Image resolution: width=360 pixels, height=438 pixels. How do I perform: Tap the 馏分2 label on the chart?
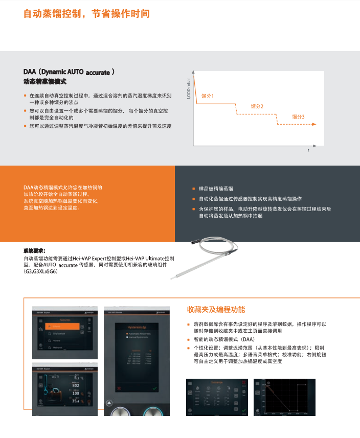(x=257, y=106)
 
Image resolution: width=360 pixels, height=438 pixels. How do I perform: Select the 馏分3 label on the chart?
(x=298, y=117)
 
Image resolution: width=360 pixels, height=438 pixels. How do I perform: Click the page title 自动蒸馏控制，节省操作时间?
(x=86, y=14)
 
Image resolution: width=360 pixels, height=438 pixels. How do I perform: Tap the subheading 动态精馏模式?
(x=45, y=82)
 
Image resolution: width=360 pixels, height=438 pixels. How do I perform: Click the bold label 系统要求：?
(x=34, y=251)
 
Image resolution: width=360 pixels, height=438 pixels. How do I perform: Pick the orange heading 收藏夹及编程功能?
(x=216, y=310)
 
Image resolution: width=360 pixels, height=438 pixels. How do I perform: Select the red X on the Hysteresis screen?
(x=119, y=389)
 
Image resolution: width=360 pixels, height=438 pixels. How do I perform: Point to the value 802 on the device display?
(x=75, y=385)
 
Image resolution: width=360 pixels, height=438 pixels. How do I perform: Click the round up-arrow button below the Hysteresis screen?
(x=109, y=403)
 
